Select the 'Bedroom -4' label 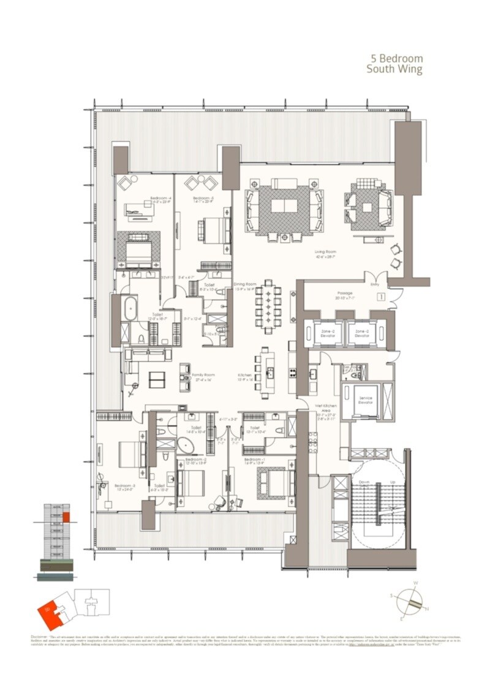point(160,198)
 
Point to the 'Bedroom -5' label point(202,198)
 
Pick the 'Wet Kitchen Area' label point(323,407)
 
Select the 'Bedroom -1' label point(254,459)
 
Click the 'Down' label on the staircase point(363,482)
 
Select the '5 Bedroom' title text point(397,59)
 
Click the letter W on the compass point(415,583)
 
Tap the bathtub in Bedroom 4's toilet point(130,309)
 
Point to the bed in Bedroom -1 point(271,477)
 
